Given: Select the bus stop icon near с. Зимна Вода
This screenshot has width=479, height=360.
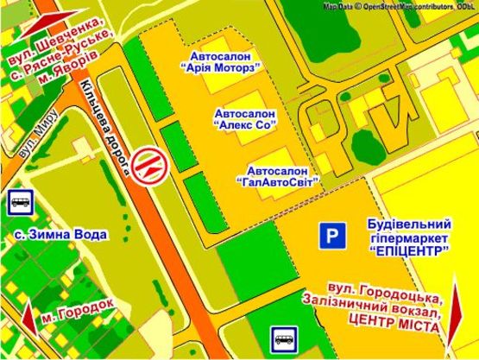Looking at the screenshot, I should [20, 203].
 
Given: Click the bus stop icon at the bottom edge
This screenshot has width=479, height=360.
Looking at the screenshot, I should [284, 338].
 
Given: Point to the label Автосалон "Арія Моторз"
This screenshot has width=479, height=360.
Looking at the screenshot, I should [221, 60].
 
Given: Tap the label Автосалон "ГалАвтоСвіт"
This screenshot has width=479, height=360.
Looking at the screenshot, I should [277, 175].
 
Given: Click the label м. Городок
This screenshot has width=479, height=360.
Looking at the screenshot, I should [77, 306].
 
